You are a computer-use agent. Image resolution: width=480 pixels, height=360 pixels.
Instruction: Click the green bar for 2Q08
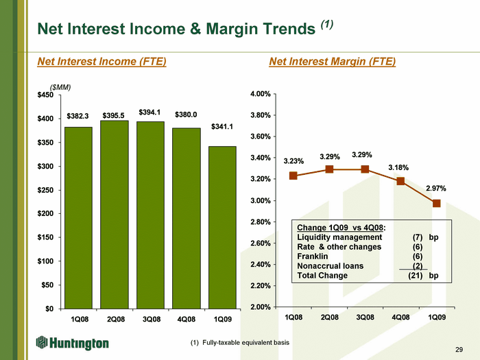tap(115, 215)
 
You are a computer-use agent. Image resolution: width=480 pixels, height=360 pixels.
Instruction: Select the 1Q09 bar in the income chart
tap(222, 228)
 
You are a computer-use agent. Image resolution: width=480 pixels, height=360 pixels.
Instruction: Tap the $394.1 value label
tap(149, 112)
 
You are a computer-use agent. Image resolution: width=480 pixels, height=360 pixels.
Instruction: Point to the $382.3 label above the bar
tap(77, 116)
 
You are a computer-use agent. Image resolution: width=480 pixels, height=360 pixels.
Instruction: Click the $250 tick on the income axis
tap(45, 190)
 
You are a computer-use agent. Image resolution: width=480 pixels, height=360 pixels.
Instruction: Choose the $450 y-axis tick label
tap(45, 95)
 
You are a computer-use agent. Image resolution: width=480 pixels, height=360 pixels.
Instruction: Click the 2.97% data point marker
tap(437, 203)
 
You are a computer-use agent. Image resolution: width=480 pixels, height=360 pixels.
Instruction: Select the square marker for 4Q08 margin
tap(400, 181)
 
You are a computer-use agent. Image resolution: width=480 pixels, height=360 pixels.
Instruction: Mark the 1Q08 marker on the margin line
tap(293, 176)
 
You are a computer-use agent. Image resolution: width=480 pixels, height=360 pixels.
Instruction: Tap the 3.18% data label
tap(398, 168)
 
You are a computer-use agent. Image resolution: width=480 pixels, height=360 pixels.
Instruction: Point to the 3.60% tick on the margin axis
tap(261, 136)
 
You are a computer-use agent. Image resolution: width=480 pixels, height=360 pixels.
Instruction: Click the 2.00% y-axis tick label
tap(261, 307)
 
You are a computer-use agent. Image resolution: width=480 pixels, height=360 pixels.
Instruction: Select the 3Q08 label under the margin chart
tap(365, 317)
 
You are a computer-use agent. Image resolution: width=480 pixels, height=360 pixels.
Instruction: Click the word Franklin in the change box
tap(313, 256)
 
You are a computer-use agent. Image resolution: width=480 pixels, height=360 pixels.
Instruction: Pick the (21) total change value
tap(416, 276)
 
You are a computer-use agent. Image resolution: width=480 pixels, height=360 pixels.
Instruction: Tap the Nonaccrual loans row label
tap(331, 266)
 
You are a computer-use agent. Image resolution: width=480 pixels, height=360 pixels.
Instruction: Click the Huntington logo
tap(72, 343)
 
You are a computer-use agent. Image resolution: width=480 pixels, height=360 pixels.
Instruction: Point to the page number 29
tap(459, 350)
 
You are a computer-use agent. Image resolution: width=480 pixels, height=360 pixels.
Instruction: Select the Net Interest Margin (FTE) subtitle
tap(333, 62)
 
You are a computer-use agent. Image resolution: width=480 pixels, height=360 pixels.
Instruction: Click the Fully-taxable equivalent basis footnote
tap(245, 343)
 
